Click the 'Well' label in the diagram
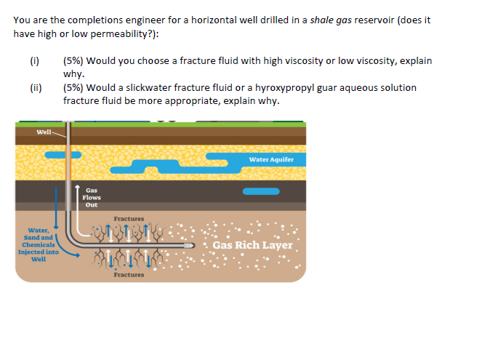[44, 132]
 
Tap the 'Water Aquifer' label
[270, 159]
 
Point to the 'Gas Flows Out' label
[92, 197]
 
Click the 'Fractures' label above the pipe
[129, 219]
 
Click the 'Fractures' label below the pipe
[129, 275]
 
